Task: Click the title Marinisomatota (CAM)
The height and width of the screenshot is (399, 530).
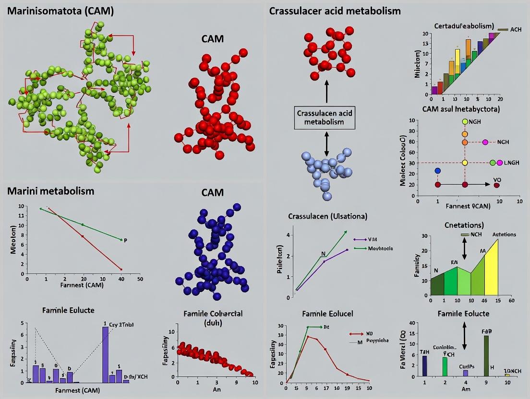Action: pyautogui.click(x=60, y=11)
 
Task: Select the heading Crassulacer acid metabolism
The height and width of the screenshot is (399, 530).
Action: pyautogui.click(x=335, y=11)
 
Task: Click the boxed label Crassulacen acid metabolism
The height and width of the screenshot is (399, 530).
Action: pyautogui.click(x=326, y=118)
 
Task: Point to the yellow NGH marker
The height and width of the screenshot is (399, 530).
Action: pyautogui.click(x=465, y=122)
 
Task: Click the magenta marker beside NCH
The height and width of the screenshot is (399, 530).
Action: pyautogui.click(x=485, y=142)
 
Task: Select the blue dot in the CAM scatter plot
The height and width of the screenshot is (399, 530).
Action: pyautogui.click(x=437, y=171)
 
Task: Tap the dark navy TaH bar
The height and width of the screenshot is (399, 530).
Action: pyautogui.click(x=424, y=365)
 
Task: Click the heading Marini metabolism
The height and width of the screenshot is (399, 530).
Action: pyautogui.click(x=51, y=191)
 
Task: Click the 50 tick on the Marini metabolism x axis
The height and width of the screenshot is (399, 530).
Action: pyautogui.click(x=140, y=278)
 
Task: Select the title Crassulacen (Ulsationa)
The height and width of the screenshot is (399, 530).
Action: pyautogui.click(x=327, y=216)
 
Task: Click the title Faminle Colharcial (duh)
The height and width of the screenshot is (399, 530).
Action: pyautogui.click(x=213, y=318)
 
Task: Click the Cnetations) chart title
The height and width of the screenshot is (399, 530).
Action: pyautogui.click(x=463, y=225)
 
